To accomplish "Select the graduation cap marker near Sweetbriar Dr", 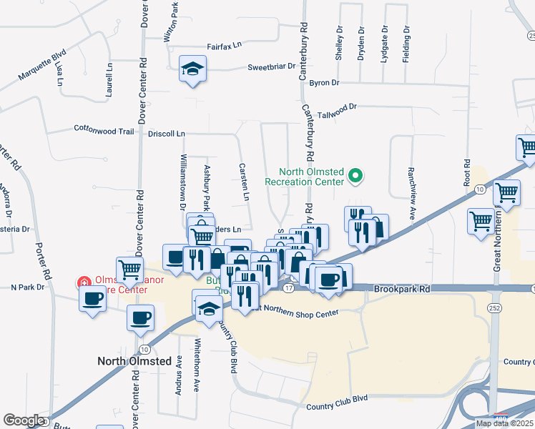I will coord(192,69).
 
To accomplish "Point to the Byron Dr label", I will coord(324,84).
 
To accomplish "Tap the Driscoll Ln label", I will coord(166,134).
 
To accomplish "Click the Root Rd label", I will coord(467,179).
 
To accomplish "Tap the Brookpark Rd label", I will coord(402,290).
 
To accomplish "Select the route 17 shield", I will coord(288,287).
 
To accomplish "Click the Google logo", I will coord(24,420).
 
